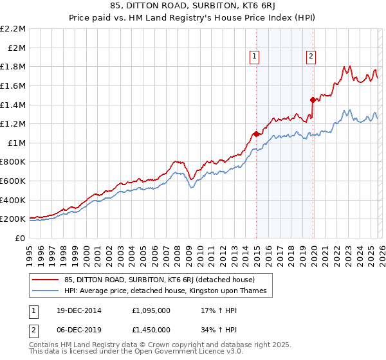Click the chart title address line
point(193,7)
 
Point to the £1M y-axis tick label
point(17,143)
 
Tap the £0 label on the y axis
point(21,238)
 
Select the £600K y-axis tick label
point(14,181)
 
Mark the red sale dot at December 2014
point(256,134)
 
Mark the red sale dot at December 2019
point(313,100)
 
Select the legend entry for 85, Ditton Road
point(155,280)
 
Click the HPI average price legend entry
point(163,291)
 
